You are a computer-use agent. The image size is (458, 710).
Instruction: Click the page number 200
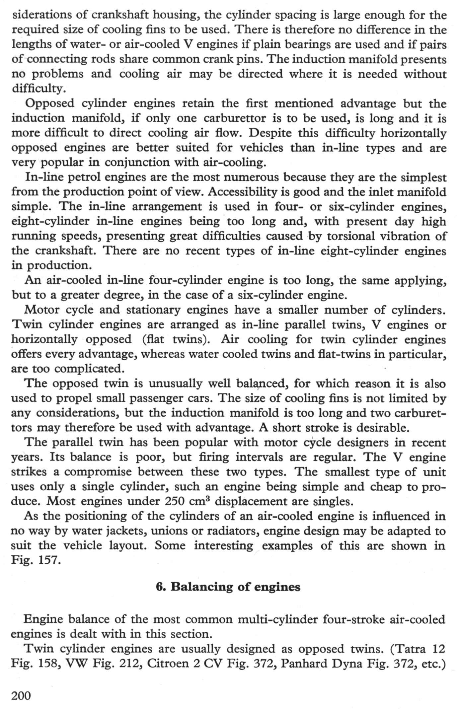click(x=21, y=695)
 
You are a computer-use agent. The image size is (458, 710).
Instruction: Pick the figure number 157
click(x=49, y=560)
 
